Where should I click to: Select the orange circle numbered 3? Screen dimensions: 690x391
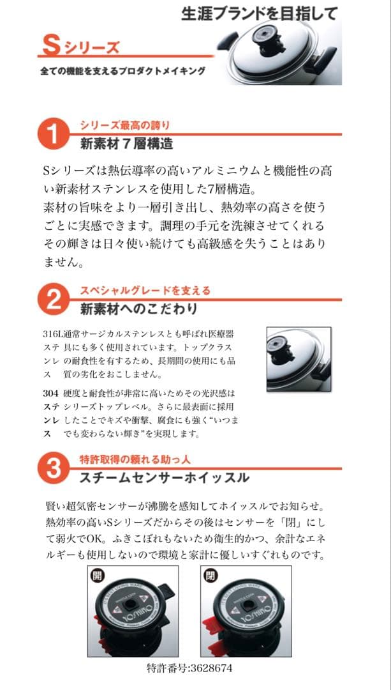pyautogui.click(x=55, y=469)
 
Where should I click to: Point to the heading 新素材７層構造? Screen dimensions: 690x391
pyautogui.click(x=126, y=144)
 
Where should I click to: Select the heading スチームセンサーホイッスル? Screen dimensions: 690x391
pyautogui.click(x=164, y=477)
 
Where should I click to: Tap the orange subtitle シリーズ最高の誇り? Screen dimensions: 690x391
pyautogui.click(x=124, y=125)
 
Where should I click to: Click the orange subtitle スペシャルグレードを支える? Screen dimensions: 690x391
pyautogui.click(x=145, y=291)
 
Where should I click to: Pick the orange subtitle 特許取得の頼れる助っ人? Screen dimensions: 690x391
pyautogui.click(x=135, y=459)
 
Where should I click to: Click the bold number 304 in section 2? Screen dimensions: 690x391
pyautogui.click(x=50, y=393)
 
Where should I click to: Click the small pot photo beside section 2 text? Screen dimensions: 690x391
pyautogui.click(x=298, y=358)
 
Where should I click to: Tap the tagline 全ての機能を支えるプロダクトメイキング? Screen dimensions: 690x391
pyautogui.click(x=122, y=71)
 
